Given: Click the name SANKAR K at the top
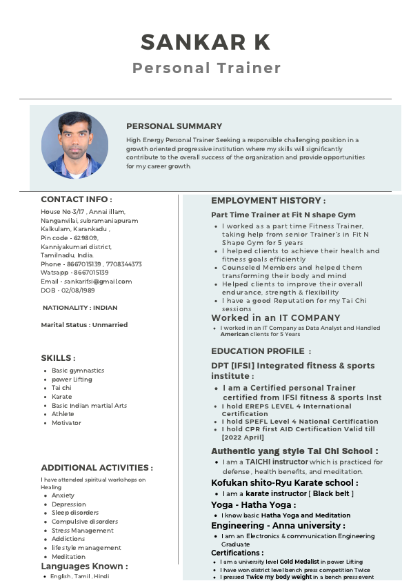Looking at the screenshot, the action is coord(205,42).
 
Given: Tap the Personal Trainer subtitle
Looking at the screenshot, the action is coord(206,68).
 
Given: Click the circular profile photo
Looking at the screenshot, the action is coord(74,146).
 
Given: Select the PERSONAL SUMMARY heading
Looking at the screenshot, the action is coord(174,126).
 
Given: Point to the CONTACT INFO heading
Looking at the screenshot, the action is coord(76,199).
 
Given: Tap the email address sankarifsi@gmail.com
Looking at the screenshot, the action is coord(86,282).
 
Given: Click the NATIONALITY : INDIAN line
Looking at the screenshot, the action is coord(80,308).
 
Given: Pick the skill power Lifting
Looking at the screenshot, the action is coord(72,380).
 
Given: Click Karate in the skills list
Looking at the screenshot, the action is coord(61,397).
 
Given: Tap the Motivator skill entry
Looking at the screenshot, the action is coord(66,423).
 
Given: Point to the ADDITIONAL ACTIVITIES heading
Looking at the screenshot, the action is coord(97,468).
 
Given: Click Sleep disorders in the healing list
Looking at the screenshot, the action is coord(74,513).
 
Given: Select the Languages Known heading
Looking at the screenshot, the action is coord(84,567).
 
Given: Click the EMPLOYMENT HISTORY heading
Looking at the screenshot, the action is coord(268,201).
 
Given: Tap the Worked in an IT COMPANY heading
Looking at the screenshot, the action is coord(266,318).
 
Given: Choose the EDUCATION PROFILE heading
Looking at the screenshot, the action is coord(261,351).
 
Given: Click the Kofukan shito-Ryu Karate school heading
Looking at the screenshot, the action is coord(284,483).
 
